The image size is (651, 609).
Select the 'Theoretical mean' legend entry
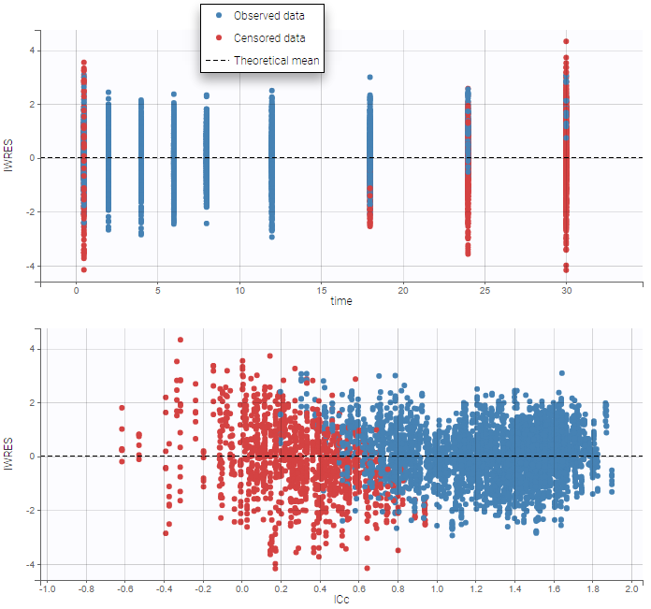pyautogui.click(x=276, y=61)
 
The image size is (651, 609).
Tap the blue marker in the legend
pyautogui.click(x=218, y=16)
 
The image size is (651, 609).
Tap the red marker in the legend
pyautogui.click(x=218, y=38)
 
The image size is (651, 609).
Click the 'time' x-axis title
pyautogui.click(x=341, y=300)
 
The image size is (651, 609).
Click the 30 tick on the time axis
pyautogui.click(x=566, y=291)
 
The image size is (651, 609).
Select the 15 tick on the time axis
pyautogui.click(x=321, y=291)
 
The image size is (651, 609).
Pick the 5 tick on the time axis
pyautogui.click(x=158, y=291)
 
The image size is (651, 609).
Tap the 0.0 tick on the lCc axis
pyautogui.click(x=242, y=589)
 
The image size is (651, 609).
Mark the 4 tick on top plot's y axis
pyautogui.click(x=30, y=50)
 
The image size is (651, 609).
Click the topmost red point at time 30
pyautogui.click(x=566, y=41)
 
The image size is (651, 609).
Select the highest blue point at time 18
pyautogui.click(x=369, y=78)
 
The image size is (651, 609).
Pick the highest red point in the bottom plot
pyautogui.click(x=181, y=341)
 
